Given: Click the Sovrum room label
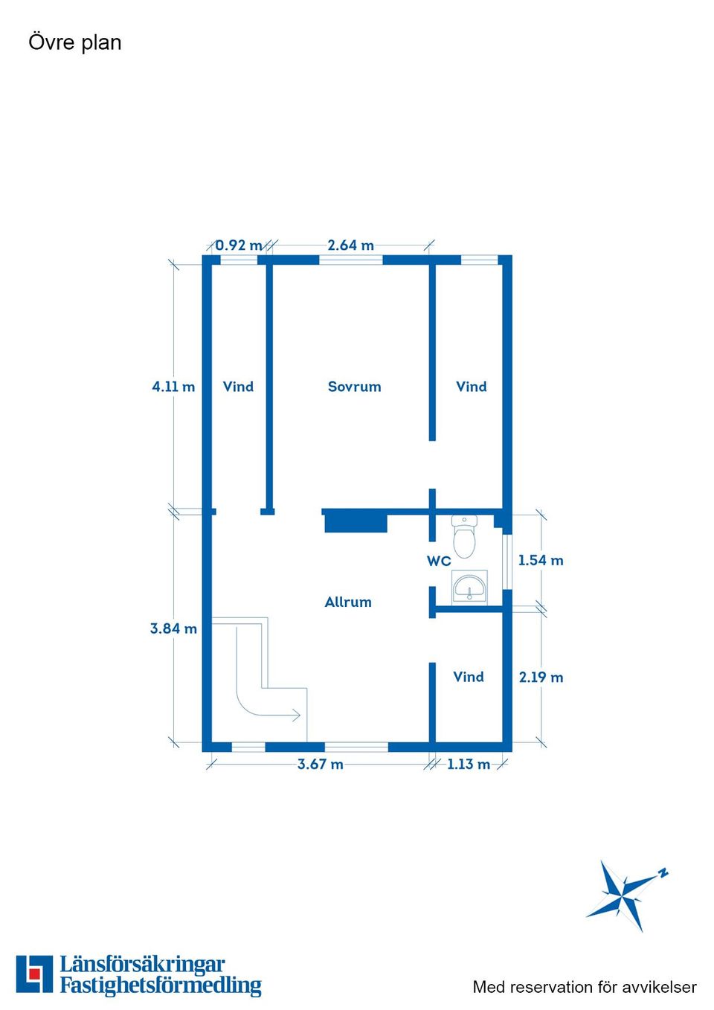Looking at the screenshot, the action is pyautogui.click(x=354, y=387).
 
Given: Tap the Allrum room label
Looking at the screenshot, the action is pyautogui.click(x=348, y=602).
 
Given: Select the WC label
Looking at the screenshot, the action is pyautogui.click(x=439, y=561).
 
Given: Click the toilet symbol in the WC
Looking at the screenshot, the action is pyautogui.click(x=464, y=536).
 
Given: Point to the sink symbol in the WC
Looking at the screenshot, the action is pyautogui.click(x=469, y=587).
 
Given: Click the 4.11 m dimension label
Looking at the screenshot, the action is pyautogui.click(x=173, y=387).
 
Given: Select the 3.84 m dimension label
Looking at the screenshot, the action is pyautogui.click(x=173, y=628).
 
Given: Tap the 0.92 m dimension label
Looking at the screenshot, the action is pyautogui.click(x=239, y=245).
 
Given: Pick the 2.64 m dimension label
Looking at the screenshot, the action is pyautogui.click(x=351, y=245).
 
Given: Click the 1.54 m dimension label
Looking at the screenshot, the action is pyautogui.click(x=541, y=561).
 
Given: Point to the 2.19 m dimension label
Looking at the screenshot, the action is pyautogui.click(x=541, y=678).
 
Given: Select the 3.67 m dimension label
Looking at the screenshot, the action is pyautogui.click(x=320, y=765).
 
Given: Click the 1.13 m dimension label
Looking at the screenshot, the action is pyautogui.click(x=469, y=765).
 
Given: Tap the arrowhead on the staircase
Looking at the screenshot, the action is pyautogui.click(x=297, y=715).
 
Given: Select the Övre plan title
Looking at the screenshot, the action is pyautogui.click(x=75, y=42).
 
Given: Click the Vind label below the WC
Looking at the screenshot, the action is pyautogui.click(x=469, y=677).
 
